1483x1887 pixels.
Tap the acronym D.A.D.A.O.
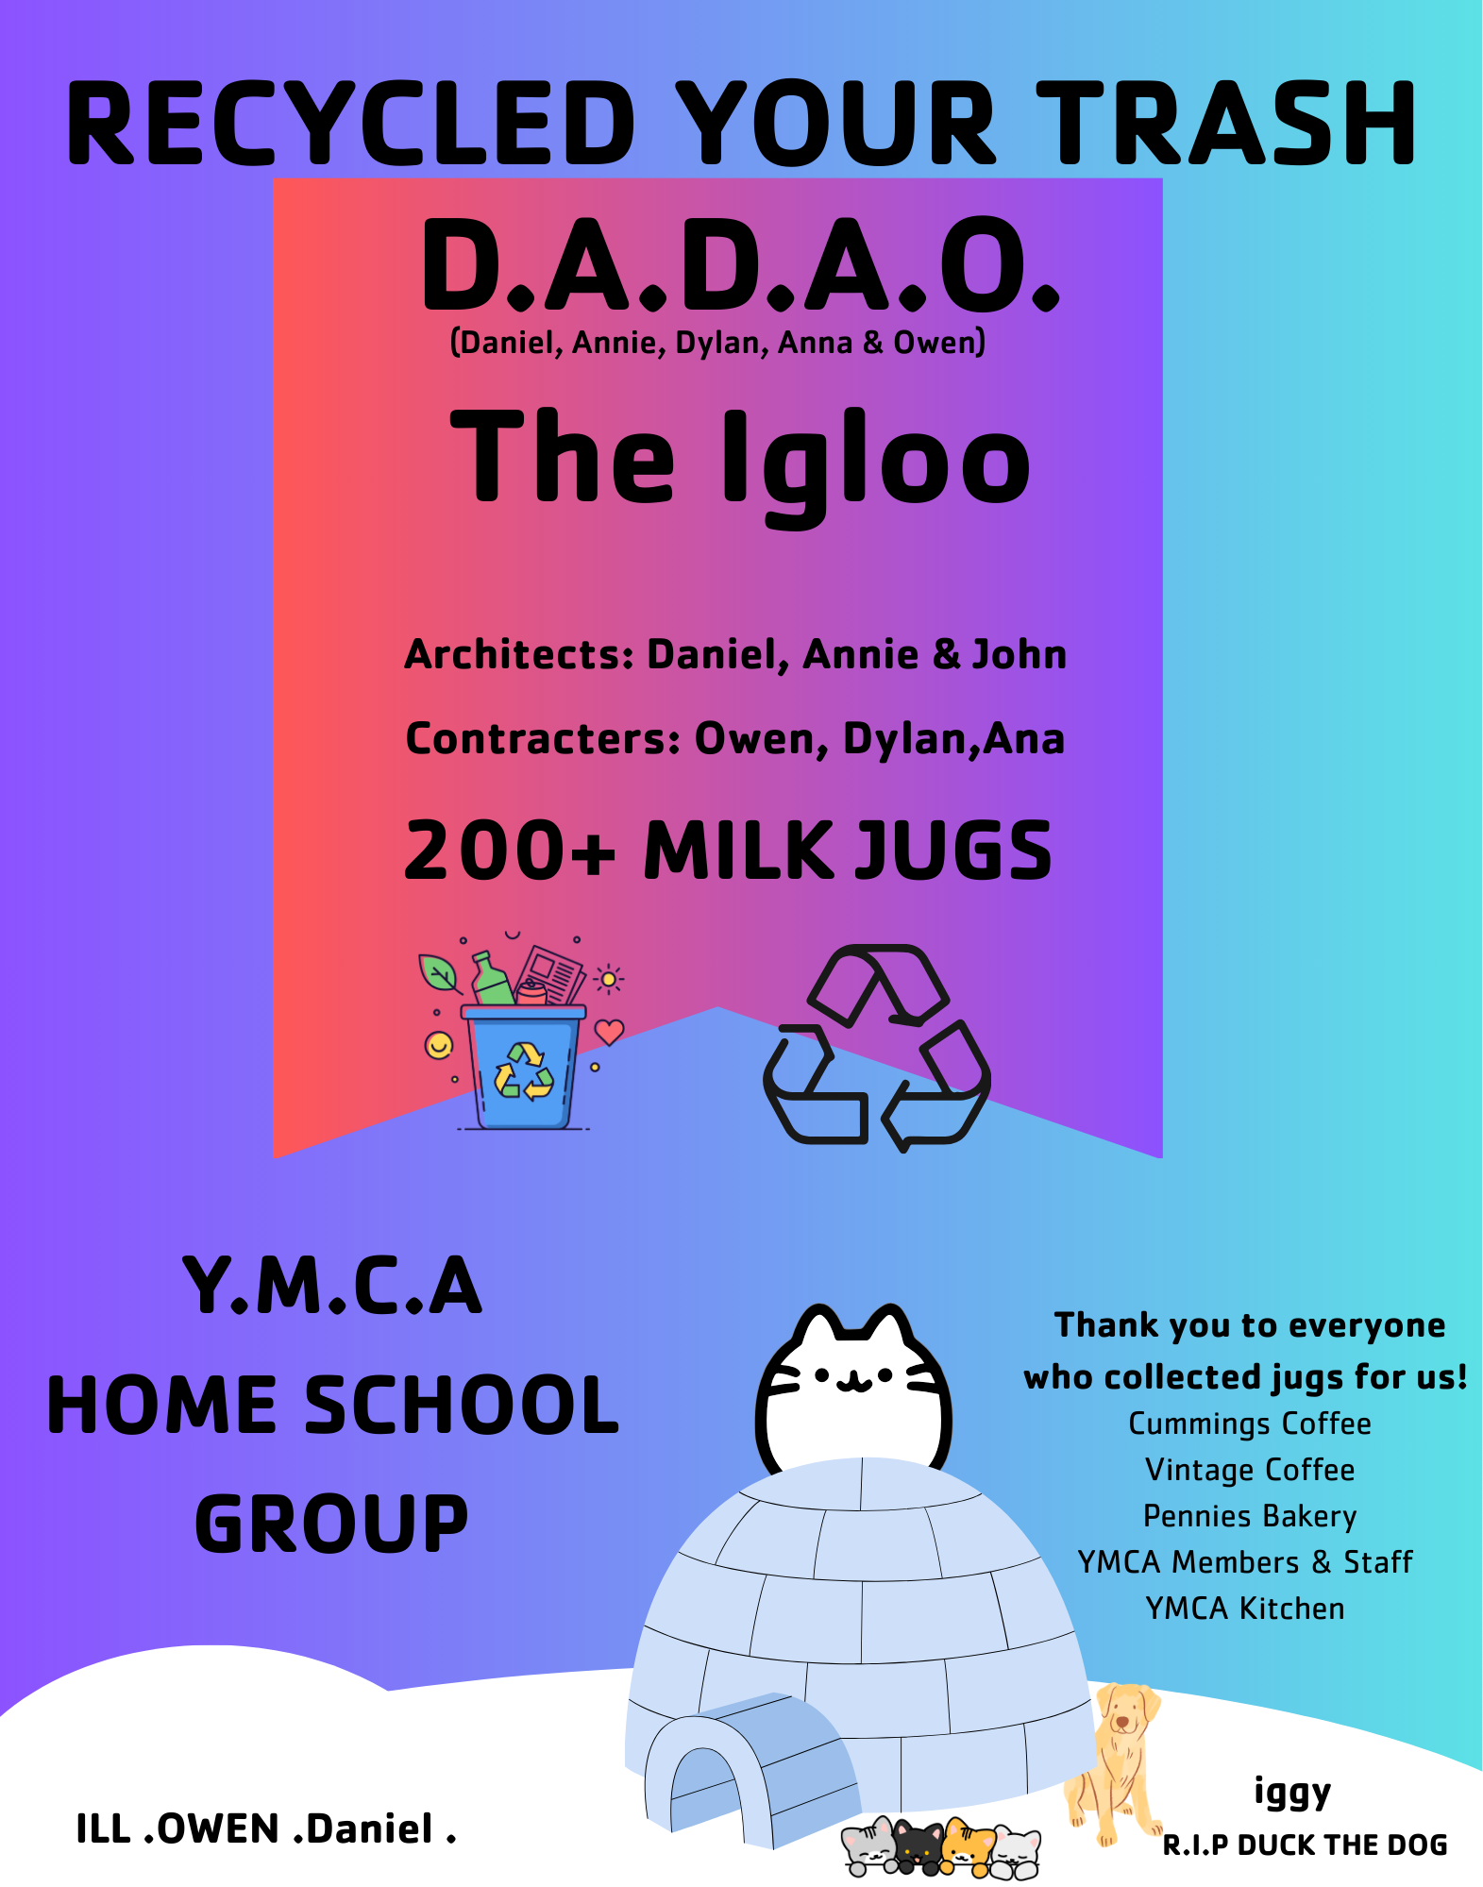[x=741, y=265]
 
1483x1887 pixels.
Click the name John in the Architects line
[x=1020, y=654]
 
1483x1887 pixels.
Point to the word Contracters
[x=544, y=738]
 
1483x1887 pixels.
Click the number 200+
[x=510, y=850]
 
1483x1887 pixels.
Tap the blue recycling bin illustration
[x=525, y=1066]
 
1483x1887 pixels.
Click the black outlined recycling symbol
[x=877, y=1048]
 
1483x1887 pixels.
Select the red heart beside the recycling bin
[x=609, y=1032]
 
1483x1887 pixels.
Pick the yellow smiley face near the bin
[x=439, y=1045]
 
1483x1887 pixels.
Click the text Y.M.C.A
[x=332, y=1286]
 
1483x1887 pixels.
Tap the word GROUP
[x=331, y=1524]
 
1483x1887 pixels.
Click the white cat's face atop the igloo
[x=853, y=1388]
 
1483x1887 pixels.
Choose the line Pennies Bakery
[x=1250, y=1516]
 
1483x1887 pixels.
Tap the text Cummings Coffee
[x=1250, y=1424]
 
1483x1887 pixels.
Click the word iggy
[x=1292, y=1792]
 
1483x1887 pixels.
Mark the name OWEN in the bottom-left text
[x=218, y=1829]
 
